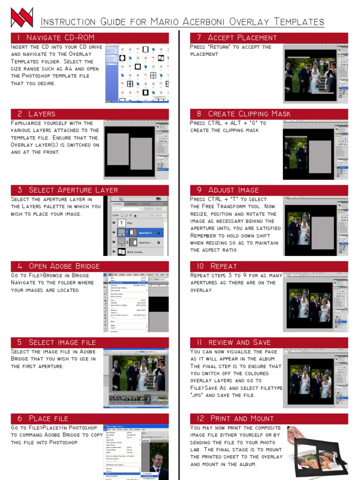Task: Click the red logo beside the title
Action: coord(22,17)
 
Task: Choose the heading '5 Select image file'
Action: coord(56,342)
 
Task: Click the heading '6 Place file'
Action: coord(43,419)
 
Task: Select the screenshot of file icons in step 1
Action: coord(137,74)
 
